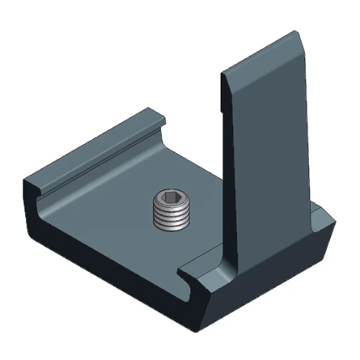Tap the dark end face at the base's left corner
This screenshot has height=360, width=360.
point(31,203)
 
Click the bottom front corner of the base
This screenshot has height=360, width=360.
point(203,329)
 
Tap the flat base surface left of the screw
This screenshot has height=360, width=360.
point(105,210)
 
